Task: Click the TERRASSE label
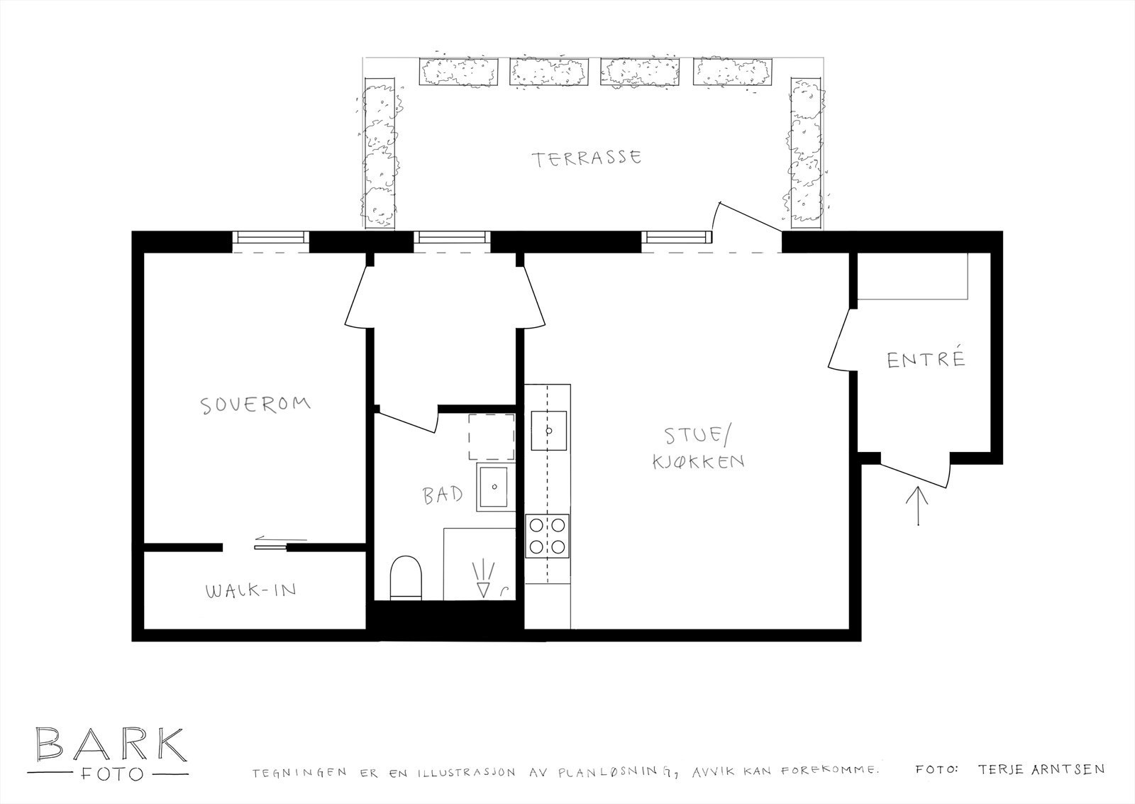[588, 158]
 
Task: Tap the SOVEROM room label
[255, 404]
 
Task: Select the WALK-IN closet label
[250, 590]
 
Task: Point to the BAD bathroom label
[443, 495]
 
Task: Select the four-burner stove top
[548, 536]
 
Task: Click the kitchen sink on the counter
[548, 430]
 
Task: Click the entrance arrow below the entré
[919, 505]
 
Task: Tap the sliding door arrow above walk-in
[270, 539]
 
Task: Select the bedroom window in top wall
[270, 238]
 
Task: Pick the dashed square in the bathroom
[491, 436]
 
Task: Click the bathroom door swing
[408, 421]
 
